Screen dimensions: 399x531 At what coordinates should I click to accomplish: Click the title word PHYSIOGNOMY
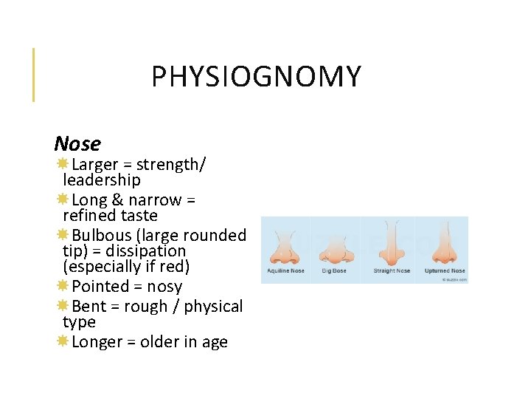(256, 77)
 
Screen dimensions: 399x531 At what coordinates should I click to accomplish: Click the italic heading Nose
(77, 143)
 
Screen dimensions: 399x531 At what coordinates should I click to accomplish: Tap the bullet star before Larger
(63, 164)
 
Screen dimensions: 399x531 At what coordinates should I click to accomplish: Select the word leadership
(101, 180)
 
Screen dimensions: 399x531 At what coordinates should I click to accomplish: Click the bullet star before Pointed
(63, 286)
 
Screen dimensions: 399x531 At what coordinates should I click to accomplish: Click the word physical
(213, 306)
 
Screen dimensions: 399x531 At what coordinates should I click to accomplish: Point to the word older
(160, 342)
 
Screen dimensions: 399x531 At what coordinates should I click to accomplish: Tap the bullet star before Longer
(63, 341)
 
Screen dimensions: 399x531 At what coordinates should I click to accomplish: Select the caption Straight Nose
(392, 271)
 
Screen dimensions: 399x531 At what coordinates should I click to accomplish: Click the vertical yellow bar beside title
(33, 75)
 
